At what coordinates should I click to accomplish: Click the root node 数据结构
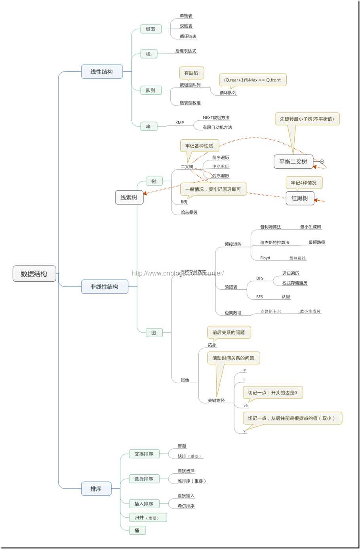pos(34,274)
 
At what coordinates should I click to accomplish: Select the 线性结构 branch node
pos(101,72)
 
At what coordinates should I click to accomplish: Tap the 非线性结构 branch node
pos(104,287)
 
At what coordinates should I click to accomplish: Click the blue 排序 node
pos(96,489)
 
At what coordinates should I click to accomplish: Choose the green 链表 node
pos(150,29)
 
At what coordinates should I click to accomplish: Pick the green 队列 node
pos(150,90)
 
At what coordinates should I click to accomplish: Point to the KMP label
pos(180,123)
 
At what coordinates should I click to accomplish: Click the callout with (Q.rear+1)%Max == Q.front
pos(252,80)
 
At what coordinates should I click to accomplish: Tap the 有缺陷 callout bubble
pos(191,73)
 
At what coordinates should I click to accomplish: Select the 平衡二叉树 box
pos(293,161)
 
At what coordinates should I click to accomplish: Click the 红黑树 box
pos(299,198)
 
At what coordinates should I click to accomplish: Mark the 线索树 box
pos(129,198)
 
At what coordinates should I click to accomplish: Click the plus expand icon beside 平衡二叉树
pos(322,161)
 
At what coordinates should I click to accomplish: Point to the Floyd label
pos(265,258)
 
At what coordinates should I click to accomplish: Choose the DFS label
pos(260,278)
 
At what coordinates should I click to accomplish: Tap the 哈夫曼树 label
pos(189,212)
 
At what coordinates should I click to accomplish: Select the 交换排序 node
pos(144,454)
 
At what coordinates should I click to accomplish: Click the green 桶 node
pos(137,530)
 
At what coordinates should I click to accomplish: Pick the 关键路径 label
pos(216,401)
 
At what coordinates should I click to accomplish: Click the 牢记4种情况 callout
pos(304,183)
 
